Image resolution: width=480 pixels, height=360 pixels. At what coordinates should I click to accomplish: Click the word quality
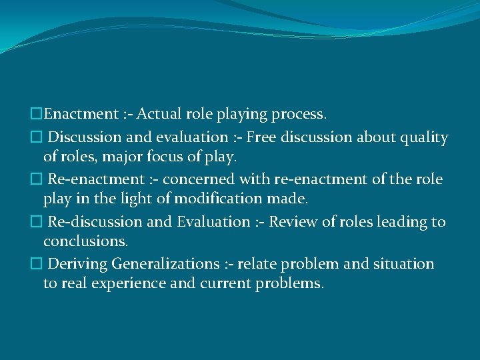[x=422, y=137]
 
